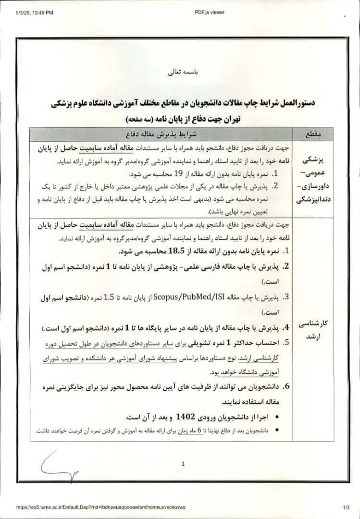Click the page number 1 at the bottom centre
183,464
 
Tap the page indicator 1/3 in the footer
346,507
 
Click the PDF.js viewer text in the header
210,12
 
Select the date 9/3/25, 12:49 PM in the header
34,12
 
